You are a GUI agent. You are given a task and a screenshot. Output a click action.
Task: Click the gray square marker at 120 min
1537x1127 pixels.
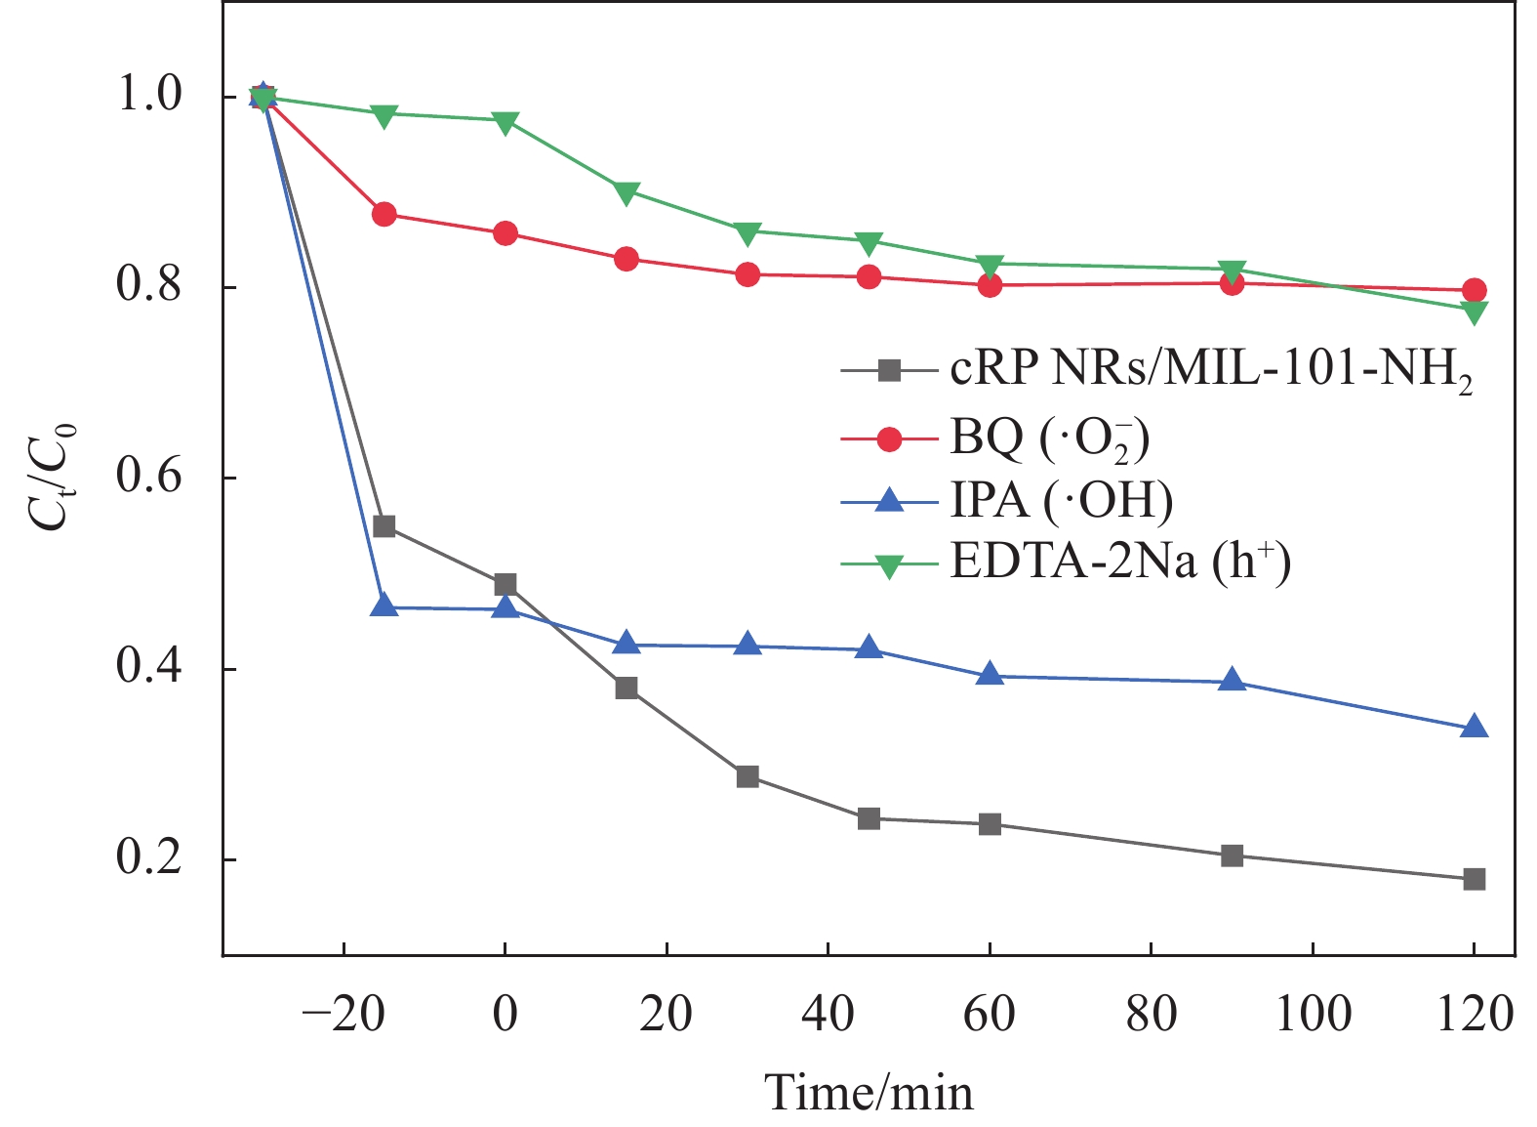1474,879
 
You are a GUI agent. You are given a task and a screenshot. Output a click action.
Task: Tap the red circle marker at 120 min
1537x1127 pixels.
1474,290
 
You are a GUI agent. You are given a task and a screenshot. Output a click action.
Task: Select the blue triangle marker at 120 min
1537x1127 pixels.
1474,728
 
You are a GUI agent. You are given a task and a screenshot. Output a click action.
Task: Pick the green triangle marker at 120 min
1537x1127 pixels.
1474,313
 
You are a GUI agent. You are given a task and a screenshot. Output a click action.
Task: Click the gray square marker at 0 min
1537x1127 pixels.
505,585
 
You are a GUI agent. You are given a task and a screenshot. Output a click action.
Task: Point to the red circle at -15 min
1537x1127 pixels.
384,214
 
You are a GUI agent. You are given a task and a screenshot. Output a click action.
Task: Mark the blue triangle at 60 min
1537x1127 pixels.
990,675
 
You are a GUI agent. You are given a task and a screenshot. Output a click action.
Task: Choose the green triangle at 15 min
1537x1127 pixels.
627,192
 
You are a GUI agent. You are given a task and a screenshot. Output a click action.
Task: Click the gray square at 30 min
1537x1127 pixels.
748,777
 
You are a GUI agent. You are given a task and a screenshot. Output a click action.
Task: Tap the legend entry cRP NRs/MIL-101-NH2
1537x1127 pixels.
1210,371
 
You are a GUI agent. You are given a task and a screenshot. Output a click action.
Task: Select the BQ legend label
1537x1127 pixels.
1049,438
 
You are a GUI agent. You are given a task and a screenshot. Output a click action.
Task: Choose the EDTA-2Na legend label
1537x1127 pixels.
1120,563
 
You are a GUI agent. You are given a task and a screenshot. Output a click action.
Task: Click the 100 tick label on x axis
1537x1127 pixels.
1313,1015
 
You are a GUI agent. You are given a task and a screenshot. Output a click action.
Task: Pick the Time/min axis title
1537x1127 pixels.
869,1092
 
